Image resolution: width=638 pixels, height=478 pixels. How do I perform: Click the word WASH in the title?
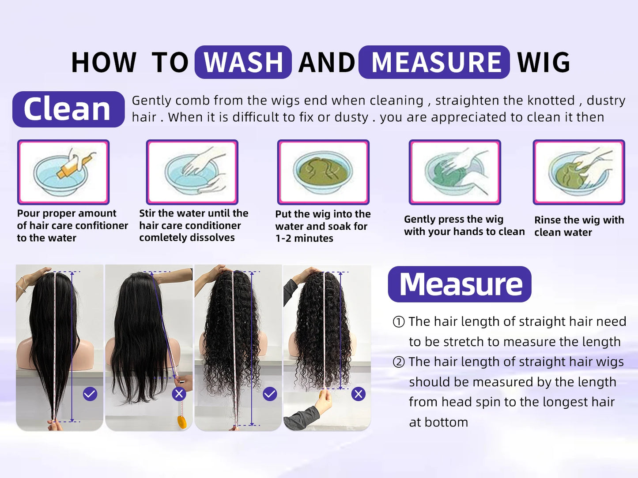243,62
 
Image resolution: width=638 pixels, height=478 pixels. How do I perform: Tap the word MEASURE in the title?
435,62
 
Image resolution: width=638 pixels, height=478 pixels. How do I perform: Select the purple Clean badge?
68,109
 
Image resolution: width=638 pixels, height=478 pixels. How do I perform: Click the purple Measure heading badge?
460,284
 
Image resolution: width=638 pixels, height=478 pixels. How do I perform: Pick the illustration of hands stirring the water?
192,172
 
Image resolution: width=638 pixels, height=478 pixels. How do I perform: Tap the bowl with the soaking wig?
323,172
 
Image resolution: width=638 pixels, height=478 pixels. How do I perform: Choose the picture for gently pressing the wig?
454,172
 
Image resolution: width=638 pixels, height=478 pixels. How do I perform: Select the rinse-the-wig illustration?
578,172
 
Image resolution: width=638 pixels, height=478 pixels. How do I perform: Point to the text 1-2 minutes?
304,239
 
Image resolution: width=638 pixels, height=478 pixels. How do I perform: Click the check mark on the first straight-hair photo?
90,394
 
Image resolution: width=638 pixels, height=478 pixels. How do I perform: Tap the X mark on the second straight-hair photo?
179,394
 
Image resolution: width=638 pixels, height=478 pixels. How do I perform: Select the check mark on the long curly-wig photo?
270,394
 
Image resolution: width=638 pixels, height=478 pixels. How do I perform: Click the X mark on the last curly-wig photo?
359,394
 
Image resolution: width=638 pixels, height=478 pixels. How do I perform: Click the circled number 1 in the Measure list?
398,322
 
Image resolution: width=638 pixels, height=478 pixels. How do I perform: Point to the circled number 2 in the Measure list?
398,362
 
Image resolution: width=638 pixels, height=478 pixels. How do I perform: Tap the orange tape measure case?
182,422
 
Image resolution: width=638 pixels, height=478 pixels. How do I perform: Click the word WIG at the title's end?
544,62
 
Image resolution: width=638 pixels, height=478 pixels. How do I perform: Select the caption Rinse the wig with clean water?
578,226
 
